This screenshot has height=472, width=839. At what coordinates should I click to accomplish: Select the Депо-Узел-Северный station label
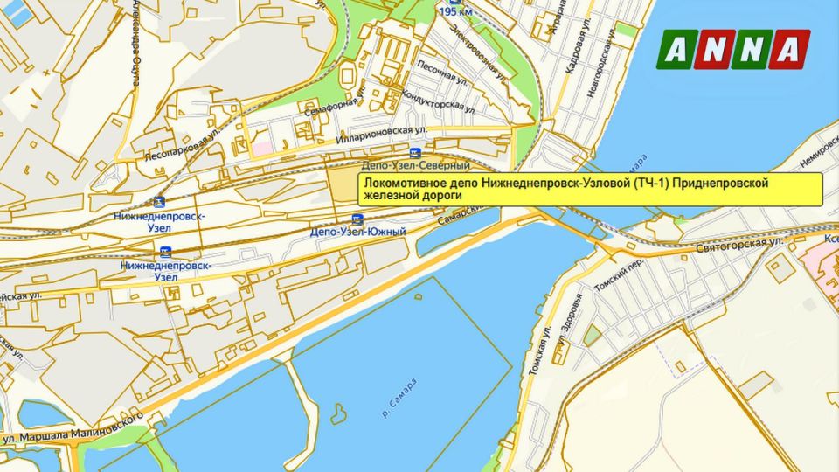pyautogui.click(x=415, y=165)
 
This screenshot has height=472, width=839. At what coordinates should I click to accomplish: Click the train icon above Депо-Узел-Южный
pyautogui.click(x=357, y=219)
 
